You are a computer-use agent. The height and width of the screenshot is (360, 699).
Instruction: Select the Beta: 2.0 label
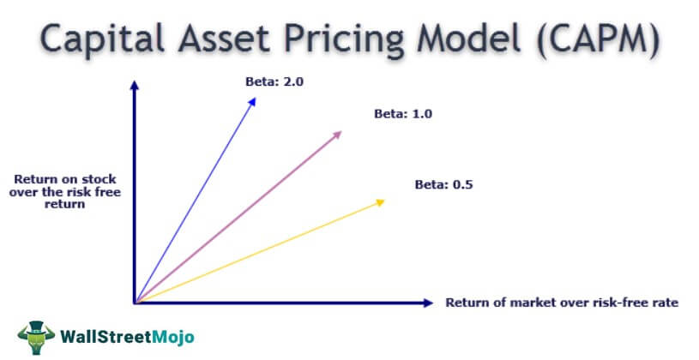pyautogui.click(x=274, y=82)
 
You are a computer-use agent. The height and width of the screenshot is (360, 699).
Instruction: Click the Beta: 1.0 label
pyautogui.click(x=403, y=114)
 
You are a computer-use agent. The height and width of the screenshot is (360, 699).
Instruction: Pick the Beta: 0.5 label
pyautogui.click(x=443, y=184)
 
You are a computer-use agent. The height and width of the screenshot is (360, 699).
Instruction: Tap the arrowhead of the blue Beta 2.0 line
pyautogui.click(x=252, y=102)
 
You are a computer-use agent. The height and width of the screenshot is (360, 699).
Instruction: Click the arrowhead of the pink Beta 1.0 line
pyautogui.click(x=337, y=134)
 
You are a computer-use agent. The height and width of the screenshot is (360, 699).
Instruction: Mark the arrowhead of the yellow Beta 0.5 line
pyautogui.click(x=380, y=203)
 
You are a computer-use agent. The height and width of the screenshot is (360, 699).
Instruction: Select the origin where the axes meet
pyautogui.click(x=135, y=303)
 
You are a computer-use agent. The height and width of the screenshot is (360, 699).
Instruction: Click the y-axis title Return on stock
pyautogui.click(x=65, y=179)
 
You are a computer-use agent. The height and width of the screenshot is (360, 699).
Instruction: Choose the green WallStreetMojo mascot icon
pyautogui.click(x=37, y=337)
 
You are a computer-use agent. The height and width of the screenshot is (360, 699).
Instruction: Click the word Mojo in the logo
pyautogui.click(x=173, y=337)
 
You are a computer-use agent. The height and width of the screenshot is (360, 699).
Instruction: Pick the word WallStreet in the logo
pyautogui.click(x=106, y=337)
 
